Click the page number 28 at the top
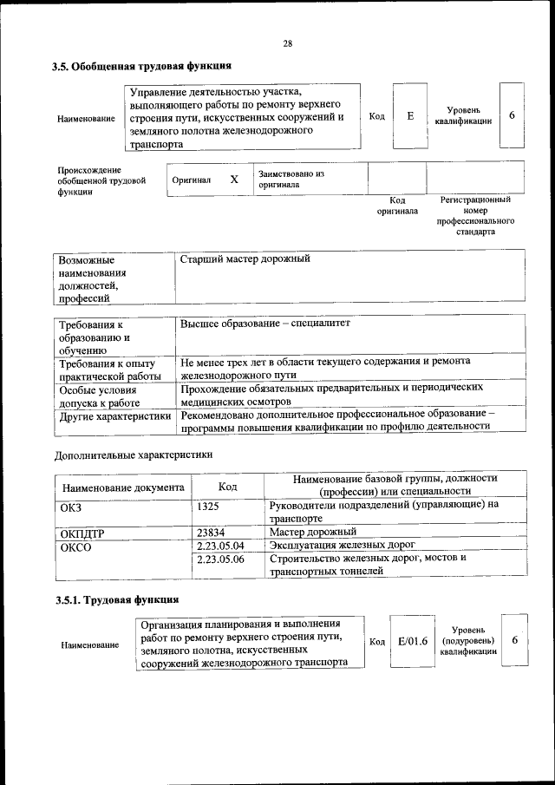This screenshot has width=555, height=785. tap(287, 44)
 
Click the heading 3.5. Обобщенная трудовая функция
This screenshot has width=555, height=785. tap(141, 66)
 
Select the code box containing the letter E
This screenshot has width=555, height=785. tap(409, 115)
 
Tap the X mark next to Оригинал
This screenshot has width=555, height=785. tap(234, 179)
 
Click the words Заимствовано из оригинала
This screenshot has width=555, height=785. tap(291, 179)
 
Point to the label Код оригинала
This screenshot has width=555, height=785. tap(397, 205)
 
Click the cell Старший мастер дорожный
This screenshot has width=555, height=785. tap(245, 259)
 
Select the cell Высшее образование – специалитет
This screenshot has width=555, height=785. tap(264, 324)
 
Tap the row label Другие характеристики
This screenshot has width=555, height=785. tap(114, 416)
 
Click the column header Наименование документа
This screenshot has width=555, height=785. tap(123, 487)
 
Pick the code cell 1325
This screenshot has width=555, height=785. tap(211, 505)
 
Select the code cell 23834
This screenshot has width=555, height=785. tap(212, 532)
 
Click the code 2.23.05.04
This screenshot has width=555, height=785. tap(220, 545)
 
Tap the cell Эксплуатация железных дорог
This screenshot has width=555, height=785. tap(343, 545)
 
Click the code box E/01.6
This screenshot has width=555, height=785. tap(412, 641)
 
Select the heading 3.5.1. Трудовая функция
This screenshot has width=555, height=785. tap(117, 599)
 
